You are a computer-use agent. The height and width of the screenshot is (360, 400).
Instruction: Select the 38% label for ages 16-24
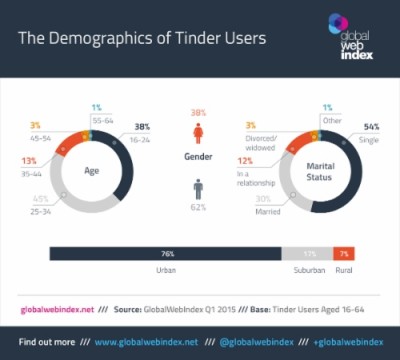[142, 127]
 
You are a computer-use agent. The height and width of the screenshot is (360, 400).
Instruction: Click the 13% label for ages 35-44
[30, 160]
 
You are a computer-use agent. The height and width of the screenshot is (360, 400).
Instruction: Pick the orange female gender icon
[198, 131]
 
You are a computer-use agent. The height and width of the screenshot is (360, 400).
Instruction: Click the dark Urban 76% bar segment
[165, 254]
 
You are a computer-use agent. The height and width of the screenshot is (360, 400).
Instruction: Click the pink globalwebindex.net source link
[59, 309]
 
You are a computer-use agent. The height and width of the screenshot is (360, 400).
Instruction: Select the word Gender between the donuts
[198, 158]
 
